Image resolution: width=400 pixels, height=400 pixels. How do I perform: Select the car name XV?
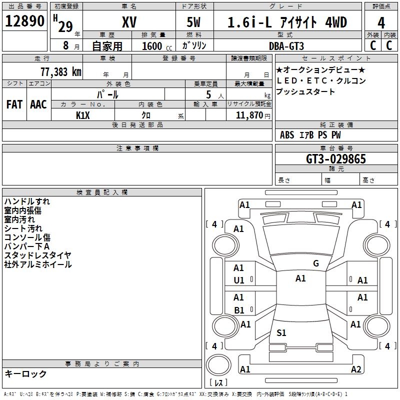point(129,22)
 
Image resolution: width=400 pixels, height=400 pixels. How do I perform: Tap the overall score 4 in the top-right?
point(381,22)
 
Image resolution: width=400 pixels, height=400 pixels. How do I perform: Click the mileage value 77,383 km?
point(60,71)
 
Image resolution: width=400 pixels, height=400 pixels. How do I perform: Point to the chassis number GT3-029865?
point(336,159)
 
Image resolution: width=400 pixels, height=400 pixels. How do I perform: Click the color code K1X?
point(83,115)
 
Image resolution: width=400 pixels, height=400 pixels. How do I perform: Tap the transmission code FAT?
point(14,104)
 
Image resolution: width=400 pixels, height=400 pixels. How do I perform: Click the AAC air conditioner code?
point(38,104)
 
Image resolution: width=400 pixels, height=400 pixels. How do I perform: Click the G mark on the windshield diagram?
point(315,263)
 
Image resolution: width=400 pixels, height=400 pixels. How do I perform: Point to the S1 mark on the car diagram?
point(281,332)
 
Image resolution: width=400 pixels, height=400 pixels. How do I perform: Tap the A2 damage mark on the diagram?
point(356,369)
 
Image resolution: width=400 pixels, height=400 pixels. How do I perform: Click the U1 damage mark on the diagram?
point(239,280)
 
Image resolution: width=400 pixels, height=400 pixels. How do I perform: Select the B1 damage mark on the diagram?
point(239,310)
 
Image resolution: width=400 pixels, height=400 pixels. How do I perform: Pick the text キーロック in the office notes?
point(26,373)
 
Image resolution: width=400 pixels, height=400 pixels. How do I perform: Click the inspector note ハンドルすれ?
point(27,201)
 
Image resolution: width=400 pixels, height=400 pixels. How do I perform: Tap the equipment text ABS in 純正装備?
point(287,135)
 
